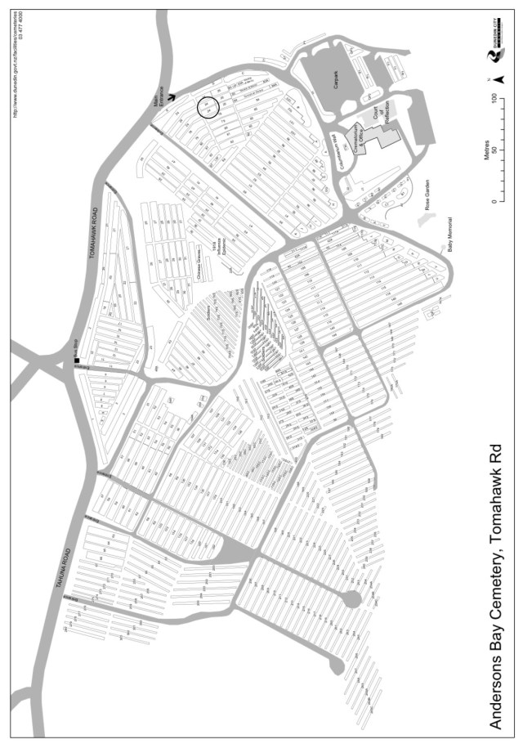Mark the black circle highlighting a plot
[x=208, y=107]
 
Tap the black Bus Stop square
[x=76, y=361]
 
